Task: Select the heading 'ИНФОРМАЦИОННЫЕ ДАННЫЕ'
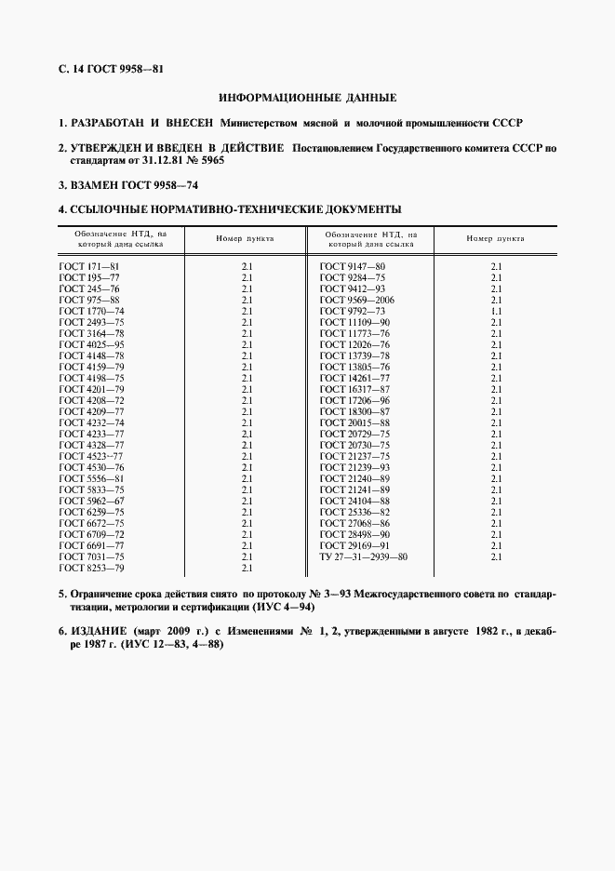[x=307, y=97]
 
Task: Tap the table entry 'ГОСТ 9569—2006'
[x=356, y=300]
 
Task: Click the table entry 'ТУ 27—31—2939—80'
[x=363, y=556]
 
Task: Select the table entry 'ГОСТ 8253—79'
[x=90, y=568]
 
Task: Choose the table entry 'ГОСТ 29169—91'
[x=354, y=545]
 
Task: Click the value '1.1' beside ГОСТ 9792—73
[x=496, y=311]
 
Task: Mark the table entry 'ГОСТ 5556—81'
[x=90, y=478]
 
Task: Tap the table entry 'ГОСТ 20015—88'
[x=354, y=422]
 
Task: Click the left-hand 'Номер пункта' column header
[x=245, y=239]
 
